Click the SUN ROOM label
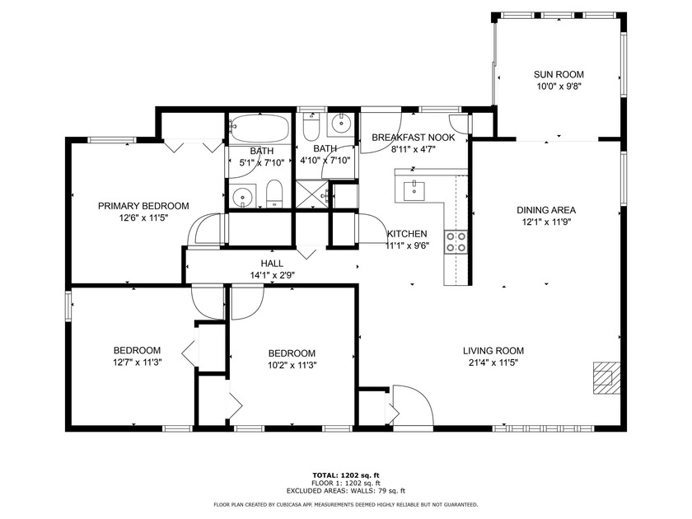[559, 74]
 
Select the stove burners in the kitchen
[456, 241]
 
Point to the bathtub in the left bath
[259, 129]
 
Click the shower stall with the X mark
[312, 196]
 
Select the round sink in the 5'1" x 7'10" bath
[242, 196]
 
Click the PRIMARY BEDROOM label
[143, 206]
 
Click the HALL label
[272, 264]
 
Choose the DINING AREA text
[546, 209]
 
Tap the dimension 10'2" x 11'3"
[292, 365]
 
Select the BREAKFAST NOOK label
[413, 137]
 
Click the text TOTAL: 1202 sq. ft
[345, 475]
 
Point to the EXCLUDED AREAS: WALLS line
[345, 491]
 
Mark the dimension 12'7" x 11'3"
[137, 362]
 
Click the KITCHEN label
[407, 233]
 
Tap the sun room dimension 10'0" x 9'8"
[559, 86]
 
